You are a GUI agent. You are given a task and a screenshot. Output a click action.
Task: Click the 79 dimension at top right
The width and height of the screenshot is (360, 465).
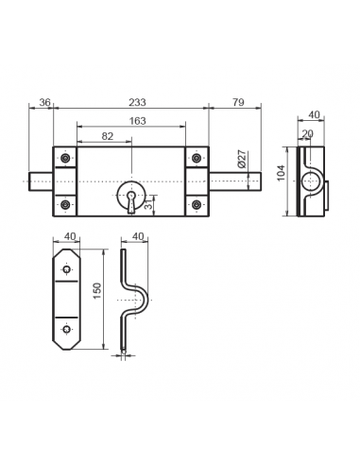point(236,103)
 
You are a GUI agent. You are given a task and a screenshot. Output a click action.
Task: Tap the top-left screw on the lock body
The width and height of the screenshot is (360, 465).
point(65,157)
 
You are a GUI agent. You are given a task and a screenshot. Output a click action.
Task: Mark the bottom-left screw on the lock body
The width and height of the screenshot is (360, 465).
point(65,205)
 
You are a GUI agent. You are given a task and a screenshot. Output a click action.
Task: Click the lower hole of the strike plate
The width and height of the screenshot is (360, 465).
point(66,329)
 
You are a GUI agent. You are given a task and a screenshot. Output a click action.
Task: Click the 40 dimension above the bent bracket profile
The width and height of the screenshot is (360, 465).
point(138,236)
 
